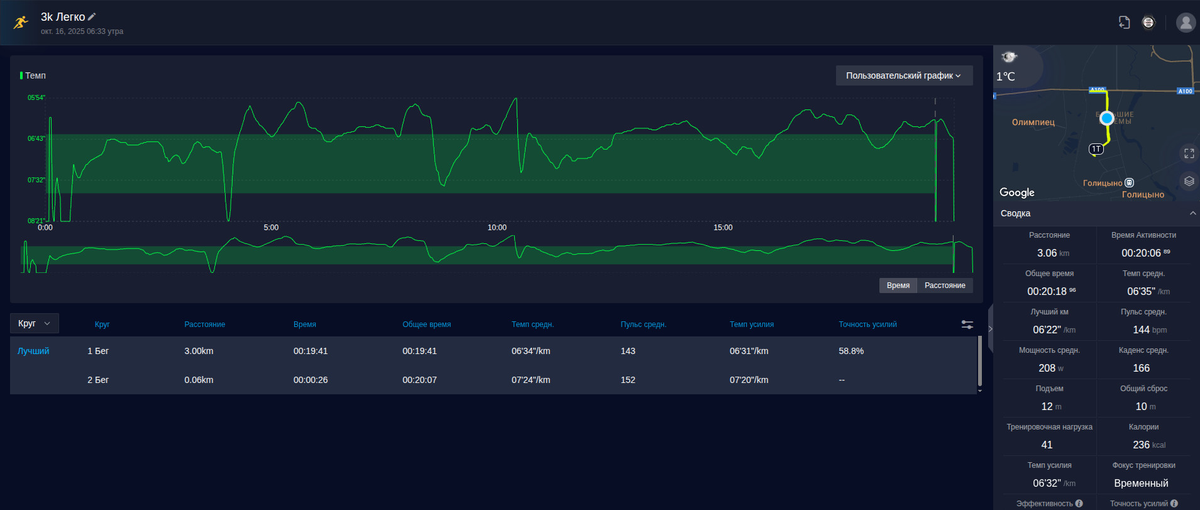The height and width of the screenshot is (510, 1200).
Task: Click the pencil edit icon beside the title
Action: (92, 17)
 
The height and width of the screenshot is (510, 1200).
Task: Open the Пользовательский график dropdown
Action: (904, 75)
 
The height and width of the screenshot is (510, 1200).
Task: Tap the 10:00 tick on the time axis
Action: (497, 228)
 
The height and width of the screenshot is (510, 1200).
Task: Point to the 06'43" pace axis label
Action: (36, 138)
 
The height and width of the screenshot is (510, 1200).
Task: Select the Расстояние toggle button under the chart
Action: (945, 285)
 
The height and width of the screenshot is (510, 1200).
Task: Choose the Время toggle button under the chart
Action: (898, 285)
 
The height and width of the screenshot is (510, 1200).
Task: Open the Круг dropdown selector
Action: (35, 323)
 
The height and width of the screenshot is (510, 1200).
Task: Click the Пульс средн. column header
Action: (643, 324)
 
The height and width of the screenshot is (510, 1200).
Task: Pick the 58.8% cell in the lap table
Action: (851, 351)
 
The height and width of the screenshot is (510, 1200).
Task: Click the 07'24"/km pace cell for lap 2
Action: (531, 380)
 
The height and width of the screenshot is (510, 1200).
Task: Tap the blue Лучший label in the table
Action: (33, 351)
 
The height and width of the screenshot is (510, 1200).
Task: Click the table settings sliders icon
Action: (967, 324)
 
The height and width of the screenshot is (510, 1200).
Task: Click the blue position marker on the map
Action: (1107, 118)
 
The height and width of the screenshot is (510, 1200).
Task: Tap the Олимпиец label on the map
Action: (1033, 122)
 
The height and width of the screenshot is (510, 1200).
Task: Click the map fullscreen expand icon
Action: (1189, 153)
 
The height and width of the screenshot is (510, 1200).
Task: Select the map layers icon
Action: (1189, 181)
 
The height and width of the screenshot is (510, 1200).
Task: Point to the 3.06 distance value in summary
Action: (1047, 253)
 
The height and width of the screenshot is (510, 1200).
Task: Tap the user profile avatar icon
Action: (1186, 23)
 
